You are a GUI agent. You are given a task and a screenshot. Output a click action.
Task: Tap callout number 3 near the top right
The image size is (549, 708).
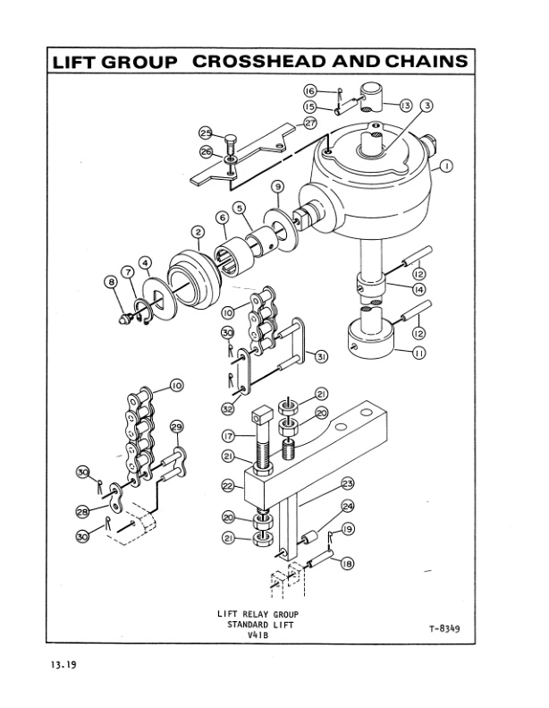click(x=428, y=106)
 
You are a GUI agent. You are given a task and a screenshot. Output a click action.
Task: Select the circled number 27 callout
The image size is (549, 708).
click(x=310, y=122)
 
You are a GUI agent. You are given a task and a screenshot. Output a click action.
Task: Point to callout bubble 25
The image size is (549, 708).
click(x=205, y=134)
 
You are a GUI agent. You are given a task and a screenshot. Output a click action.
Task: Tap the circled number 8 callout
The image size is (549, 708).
click(x=112, y=281)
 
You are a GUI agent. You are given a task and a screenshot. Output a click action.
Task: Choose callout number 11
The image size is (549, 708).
click(x=418, y=354)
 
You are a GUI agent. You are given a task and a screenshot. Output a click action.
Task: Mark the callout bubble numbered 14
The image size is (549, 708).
click(x=418, y=290)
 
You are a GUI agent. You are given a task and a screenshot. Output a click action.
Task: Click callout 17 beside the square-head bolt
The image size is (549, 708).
click(x=228, y=436)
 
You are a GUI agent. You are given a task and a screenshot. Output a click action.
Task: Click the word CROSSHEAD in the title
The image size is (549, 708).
click(x=268, y=61)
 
